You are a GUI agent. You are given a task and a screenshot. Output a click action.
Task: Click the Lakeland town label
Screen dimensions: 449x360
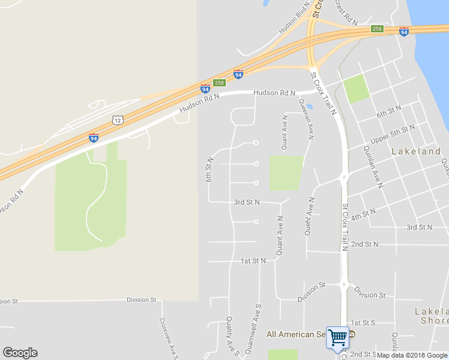[x=416, y=152]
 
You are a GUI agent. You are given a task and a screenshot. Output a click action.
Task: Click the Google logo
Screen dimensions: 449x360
[x=20, y=353]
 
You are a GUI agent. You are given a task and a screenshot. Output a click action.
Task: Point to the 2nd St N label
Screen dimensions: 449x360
[x=365, y=244]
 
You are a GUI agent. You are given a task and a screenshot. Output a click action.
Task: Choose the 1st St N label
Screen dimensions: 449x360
[x=253, y=261]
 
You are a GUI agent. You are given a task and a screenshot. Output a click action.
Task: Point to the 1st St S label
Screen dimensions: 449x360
[x=363, y=323]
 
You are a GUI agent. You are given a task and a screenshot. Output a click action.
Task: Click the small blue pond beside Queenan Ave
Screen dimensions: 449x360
[x=310, y=106]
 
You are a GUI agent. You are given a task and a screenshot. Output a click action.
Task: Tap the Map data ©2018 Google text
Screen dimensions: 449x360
[x=412, y=355]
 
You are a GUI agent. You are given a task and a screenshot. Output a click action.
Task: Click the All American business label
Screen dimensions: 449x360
[x=296, y=334]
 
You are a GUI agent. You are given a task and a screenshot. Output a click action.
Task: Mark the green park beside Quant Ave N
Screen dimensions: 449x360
[x=286, y=173]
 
